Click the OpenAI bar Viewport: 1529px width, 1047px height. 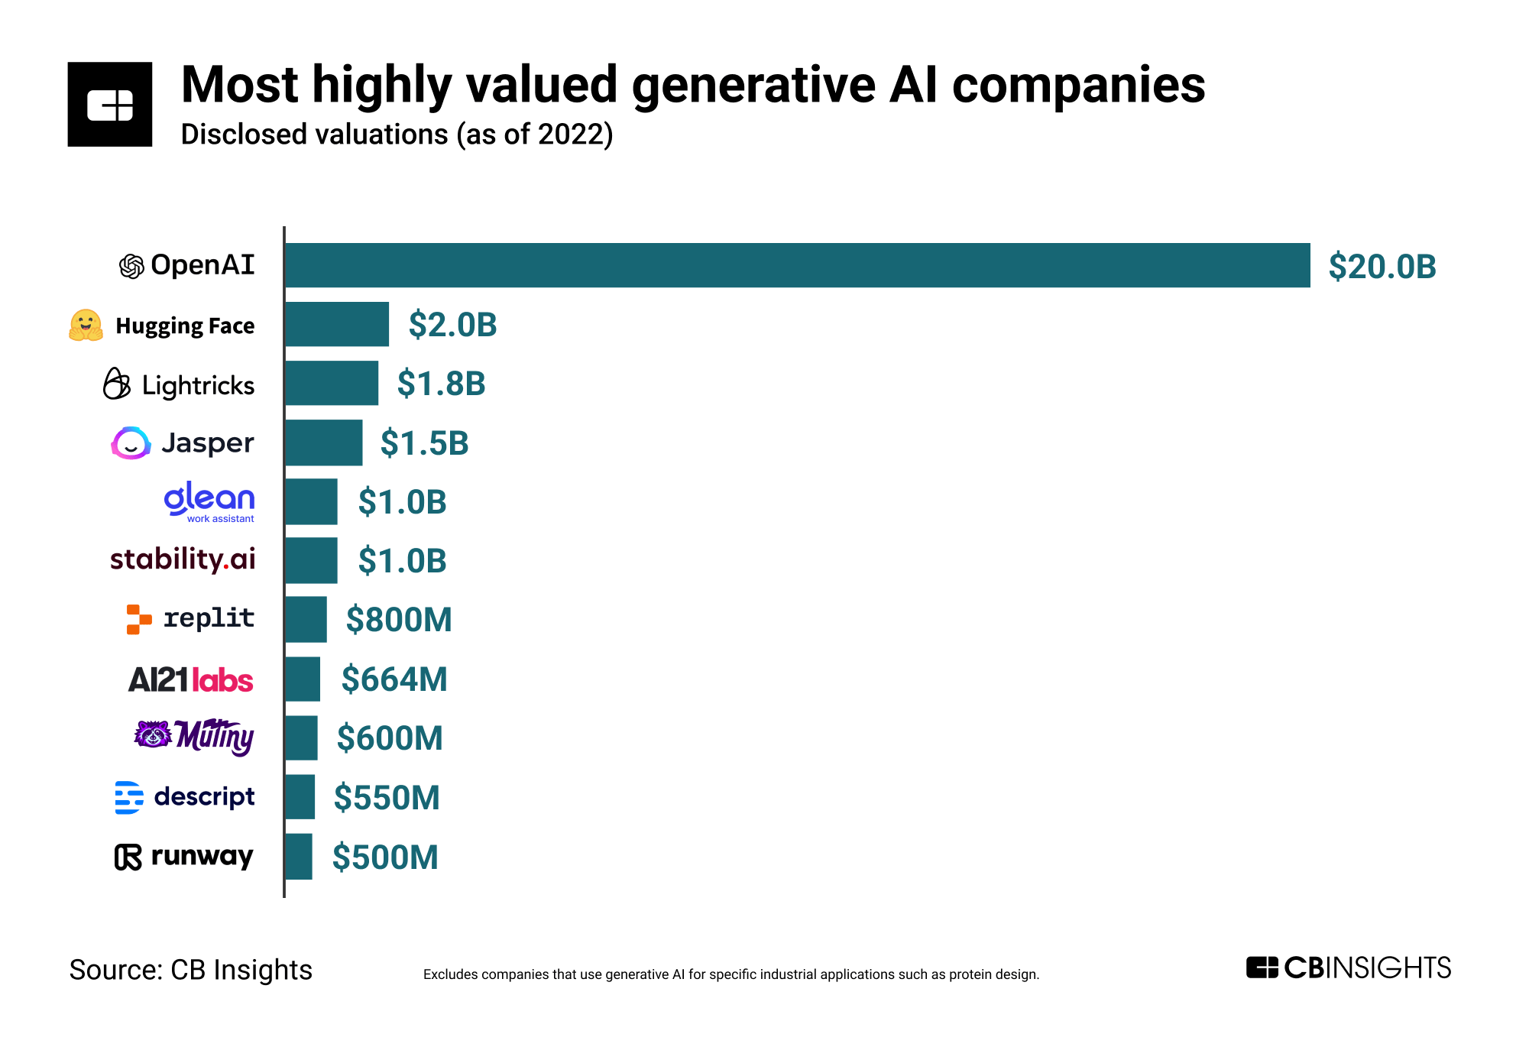point(797,265)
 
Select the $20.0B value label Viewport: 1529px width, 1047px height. point(1382,267)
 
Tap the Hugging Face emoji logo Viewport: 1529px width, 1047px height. point(86,326)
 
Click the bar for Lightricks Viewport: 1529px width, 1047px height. point(332,383)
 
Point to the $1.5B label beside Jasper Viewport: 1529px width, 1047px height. point(424,443)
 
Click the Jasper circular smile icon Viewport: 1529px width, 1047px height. point(131,443)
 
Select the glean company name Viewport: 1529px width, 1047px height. point(209,498)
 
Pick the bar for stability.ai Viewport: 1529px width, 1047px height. point(311,560)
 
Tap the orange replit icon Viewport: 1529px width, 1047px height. point(138,619)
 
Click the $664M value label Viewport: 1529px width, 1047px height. point(394,679)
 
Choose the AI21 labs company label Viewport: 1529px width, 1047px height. point(190,679)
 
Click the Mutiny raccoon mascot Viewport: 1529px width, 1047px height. point(153,734)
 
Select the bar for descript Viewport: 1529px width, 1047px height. point(300,797)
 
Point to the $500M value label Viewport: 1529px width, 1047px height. point(385,857)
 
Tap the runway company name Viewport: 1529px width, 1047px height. point(202,856)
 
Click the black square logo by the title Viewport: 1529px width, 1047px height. point(110,105)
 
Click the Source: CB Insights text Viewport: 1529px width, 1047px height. point(191,970)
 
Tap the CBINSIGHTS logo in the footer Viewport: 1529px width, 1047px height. point(1348,968)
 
